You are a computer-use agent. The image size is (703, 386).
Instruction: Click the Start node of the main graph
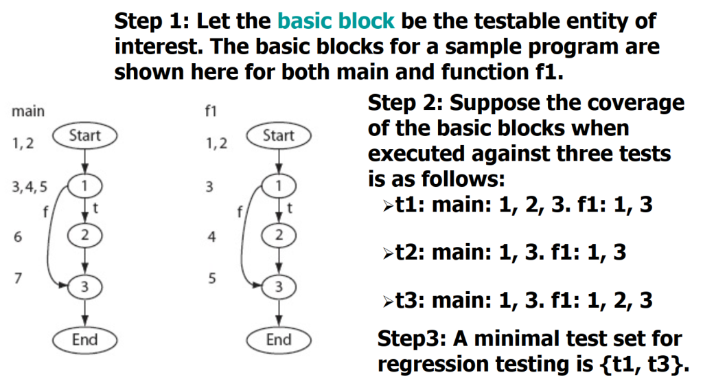click(84, 135)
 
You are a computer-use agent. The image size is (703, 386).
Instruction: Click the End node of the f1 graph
click(279, 339)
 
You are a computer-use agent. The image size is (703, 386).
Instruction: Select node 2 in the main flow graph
click(84, 235)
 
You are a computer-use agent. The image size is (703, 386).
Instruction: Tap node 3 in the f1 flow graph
click(279, 286)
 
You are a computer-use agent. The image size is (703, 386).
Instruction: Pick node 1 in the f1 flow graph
click(279, 185)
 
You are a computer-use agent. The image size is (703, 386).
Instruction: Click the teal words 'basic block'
click(336, 21)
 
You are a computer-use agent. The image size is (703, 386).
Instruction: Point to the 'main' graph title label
click(27, 111)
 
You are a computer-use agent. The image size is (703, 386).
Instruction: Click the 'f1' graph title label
click(211, 111)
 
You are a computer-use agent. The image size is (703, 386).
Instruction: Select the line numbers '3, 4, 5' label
click(30, 187)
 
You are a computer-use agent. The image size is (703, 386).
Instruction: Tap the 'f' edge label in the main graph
click(45, 211)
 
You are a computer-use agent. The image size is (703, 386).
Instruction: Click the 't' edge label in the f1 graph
click(289, 208)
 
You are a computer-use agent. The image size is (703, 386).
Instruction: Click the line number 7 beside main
click(18, 278)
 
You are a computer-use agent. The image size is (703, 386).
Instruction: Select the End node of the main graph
click(84, 339)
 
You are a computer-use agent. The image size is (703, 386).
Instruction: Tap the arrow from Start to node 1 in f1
click(279, 161)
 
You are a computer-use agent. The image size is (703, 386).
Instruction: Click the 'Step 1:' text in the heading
click(152, 21)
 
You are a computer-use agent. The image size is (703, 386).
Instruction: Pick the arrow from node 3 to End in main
click(85, 313)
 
